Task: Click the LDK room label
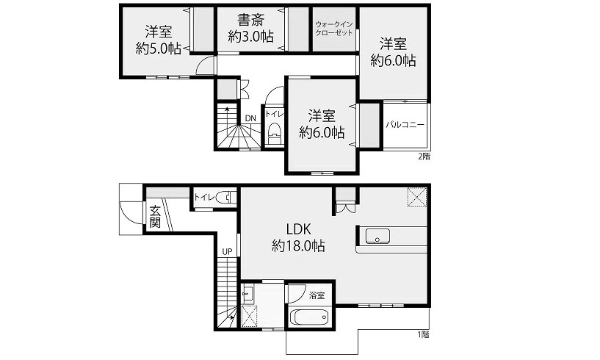[299, 229]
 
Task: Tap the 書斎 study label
[250, 20]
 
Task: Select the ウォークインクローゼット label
[333, 29]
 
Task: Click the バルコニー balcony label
[405, 125]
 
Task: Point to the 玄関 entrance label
[155, 217]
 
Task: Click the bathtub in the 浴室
[310, 317]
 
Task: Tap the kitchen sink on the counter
[377, 237]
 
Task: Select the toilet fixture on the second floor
[274, 132]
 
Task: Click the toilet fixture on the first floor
[225, 198]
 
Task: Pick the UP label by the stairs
[228, 251]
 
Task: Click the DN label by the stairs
[250, 118]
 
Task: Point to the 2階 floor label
[424, 156]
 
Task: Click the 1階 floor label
[423, 334]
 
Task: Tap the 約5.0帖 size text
[159, 48]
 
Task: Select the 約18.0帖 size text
[298, 245]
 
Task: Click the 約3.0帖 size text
[250, 37]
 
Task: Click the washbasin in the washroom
[247, 295]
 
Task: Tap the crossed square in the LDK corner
[417, 197]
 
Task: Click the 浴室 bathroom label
[317, 295]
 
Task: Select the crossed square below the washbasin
[250, 317]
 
